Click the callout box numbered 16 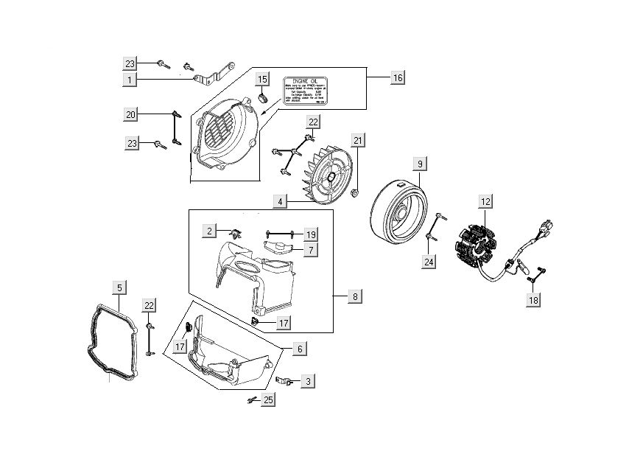point(397,77)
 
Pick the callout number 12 point(485,200)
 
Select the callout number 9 point(419,163)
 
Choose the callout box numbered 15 point(262,79)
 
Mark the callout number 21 point(358,141)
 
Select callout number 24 point(429,260)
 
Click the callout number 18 point(533,299)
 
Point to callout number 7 point(312,251)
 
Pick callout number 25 point(268,400)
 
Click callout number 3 point(308,381)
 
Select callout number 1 point(130,78)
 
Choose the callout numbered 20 point(130,114)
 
